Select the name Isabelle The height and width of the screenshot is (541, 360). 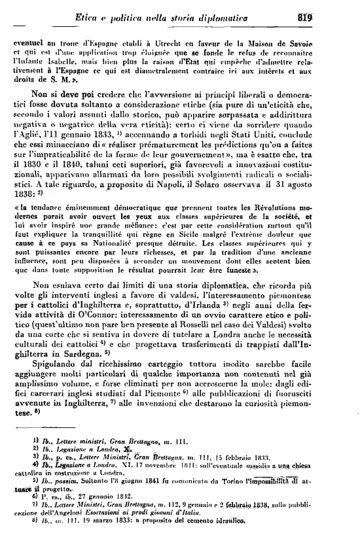73,58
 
